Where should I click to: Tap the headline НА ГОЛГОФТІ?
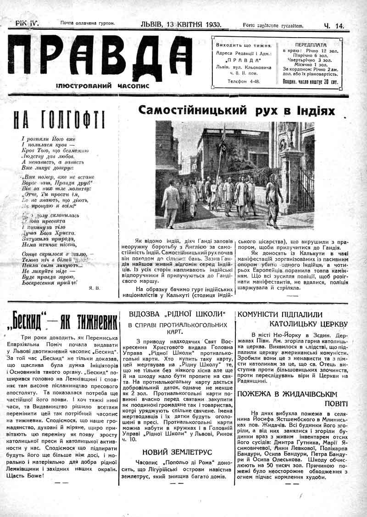(x=59, y=120)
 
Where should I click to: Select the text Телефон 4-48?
(x=244, y=81)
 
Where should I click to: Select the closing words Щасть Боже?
(x=27, y=475)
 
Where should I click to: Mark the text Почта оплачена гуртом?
(x=87, y=23)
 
